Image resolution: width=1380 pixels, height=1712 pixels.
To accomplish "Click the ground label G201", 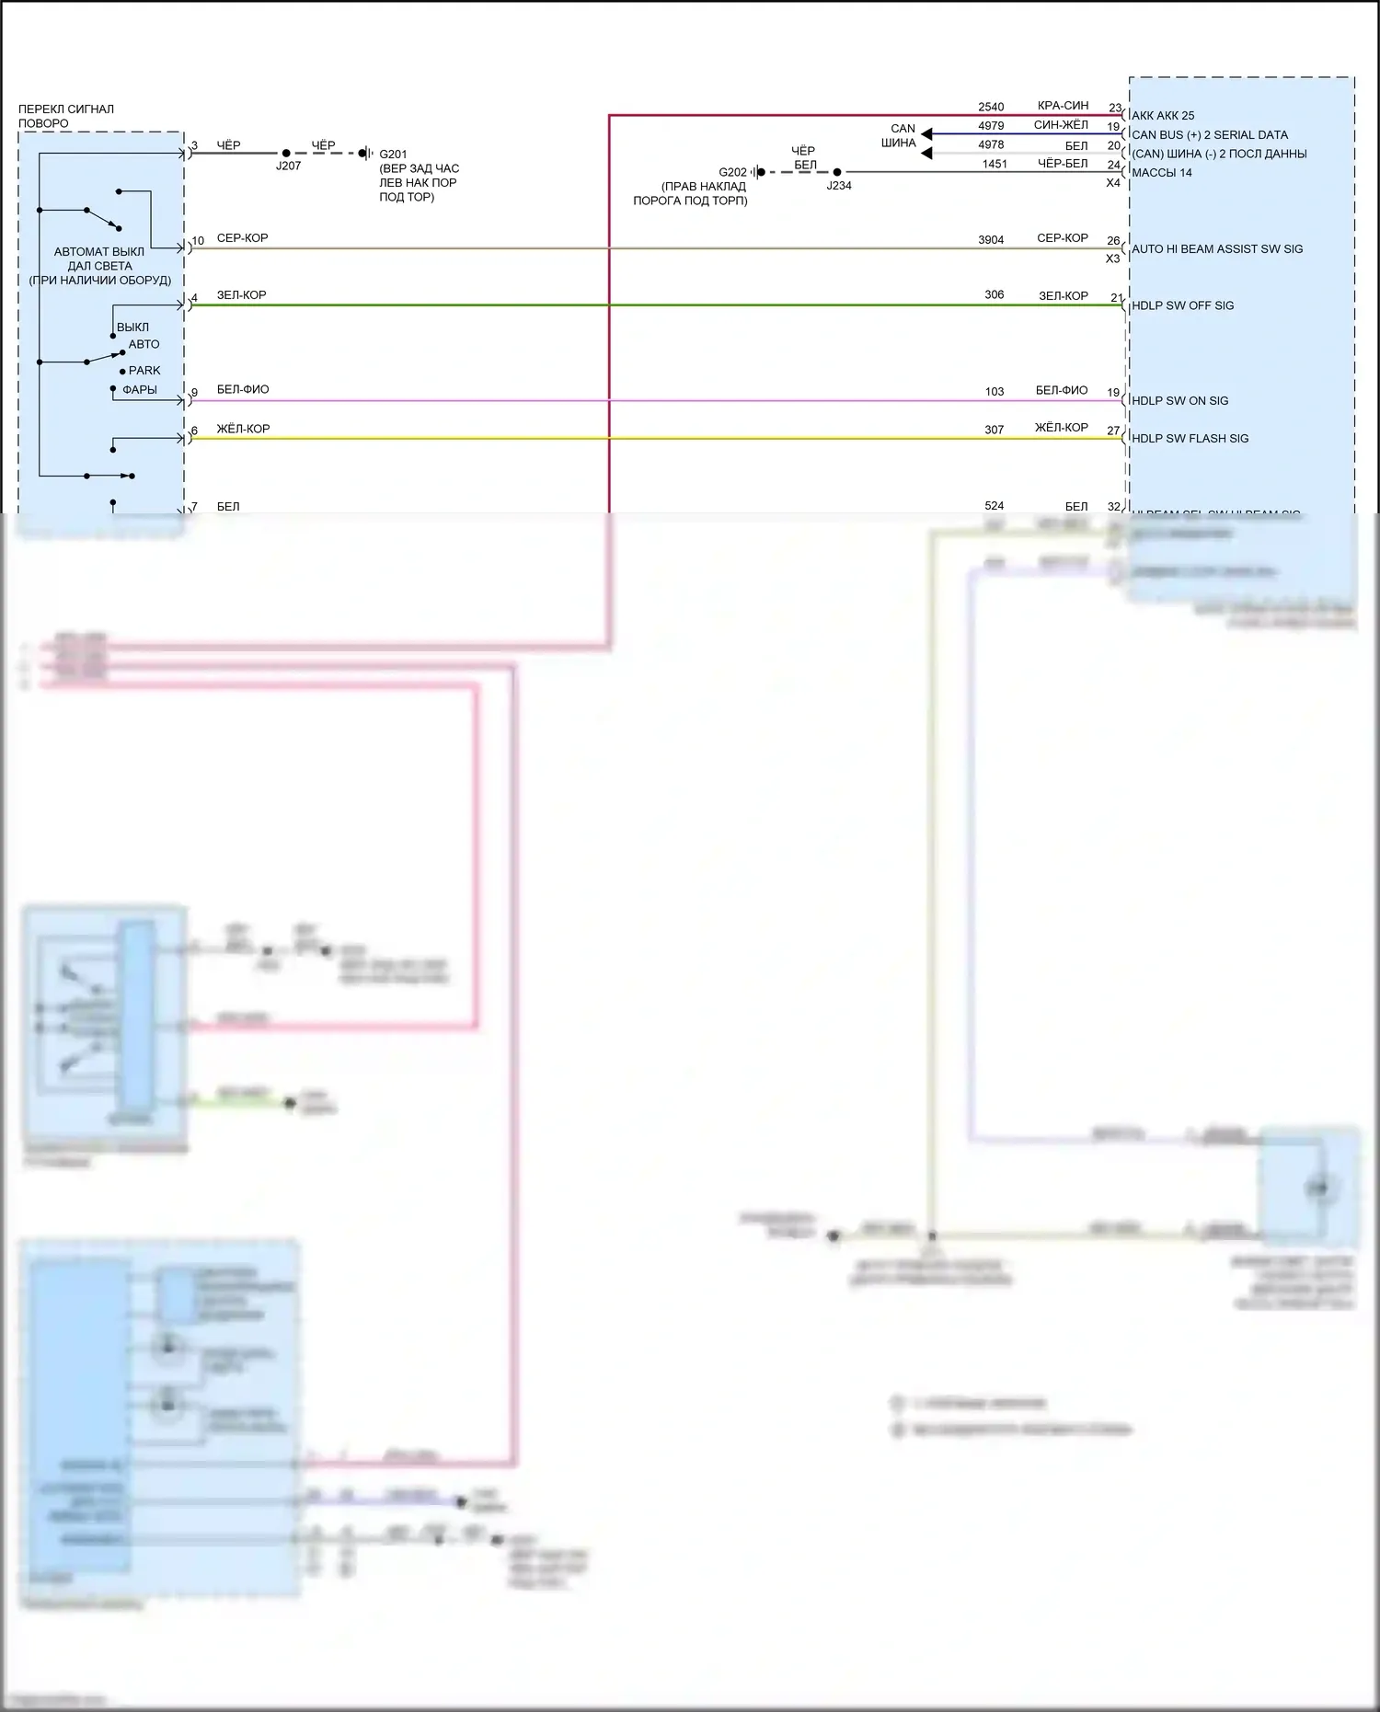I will click(393, 155).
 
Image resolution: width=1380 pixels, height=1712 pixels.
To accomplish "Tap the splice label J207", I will click(288, 167).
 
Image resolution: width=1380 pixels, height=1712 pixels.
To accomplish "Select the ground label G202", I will click(733, 172).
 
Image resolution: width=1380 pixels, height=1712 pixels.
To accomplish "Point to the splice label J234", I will click(838, 186).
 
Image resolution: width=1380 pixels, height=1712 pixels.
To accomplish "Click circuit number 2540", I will click(991, 108).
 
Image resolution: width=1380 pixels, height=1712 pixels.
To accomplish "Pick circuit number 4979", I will click(991, 126).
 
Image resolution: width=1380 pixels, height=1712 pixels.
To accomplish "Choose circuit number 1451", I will click(995, 165).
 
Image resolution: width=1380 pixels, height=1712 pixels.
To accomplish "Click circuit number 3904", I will click(991, 240).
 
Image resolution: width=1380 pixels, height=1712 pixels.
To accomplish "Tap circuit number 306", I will click(995, 295).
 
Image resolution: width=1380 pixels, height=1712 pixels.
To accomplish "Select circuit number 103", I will click(995, 392).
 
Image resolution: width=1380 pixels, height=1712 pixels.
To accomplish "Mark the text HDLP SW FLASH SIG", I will click(1190, 439).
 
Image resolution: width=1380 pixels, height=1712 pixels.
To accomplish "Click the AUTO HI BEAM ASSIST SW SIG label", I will click(1217, 249).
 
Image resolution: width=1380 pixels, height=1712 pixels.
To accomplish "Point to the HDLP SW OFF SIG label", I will click(1182, 306).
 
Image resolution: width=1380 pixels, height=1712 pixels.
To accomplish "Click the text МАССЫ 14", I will click(1162, 173).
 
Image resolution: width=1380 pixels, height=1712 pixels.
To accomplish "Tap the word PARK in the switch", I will click(144, 371).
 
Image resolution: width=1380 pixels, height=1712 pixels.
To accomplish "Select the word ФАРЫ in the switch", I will click(140, 390).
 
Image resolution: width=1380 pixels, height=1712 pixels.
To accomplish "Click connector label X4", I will click(1113, 183).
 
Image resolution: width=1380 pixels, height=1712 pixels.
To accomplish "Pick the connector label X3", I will click(1113, 259).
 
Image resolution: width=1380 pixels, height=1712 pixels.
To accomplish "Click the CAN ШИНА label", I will click(900, 136).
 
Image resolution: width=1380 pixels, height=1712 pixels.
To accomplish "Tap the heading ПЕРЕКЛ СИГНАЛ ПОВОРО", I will click(66, 116).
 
